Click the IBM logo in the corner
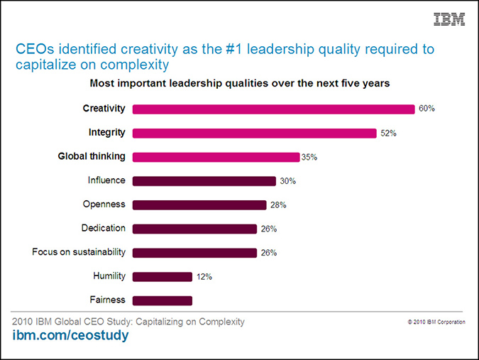449,20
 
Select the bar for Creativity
273,109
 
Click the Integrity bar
254,133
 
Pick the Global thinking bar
216,157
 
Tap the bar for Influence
204,181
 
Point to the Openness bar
199,204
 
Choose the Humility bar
162,276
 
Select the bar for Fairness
162,300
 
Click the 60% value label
426,109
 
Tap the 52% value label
388,133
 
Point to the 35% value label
309,158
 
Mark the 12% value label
204,277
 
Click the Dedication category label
104,228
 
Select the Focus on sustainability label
79,252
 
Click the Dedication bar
194,229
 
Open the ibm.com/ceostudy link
70,336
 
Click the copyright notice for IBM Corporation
436,322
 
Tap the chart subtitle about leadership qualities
240,84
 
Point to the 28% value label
278,205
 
